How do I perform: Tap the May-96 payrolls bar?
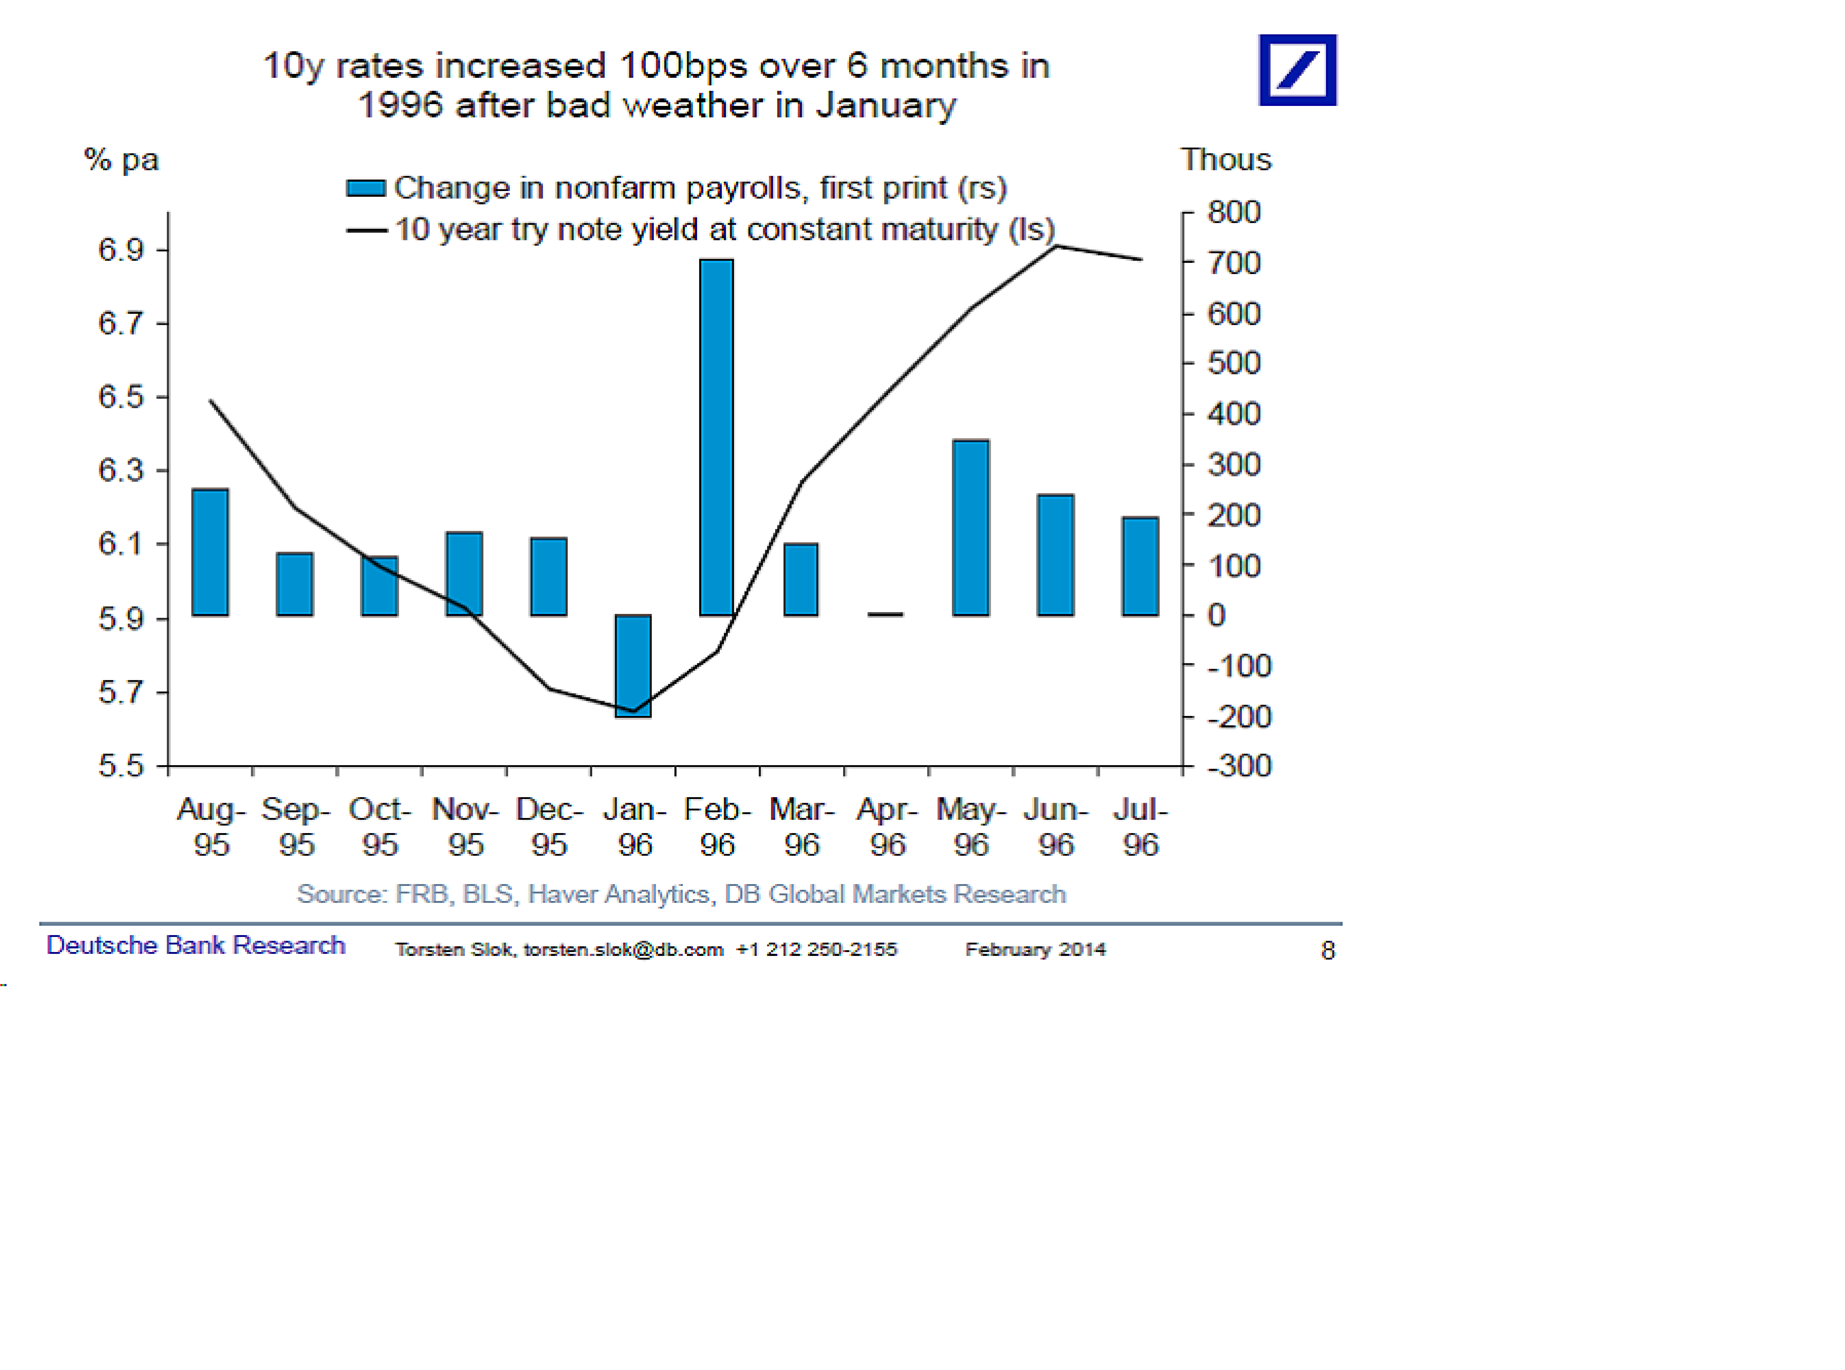pos(970,528)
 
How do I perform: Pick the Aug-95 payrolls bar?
pos(210,552)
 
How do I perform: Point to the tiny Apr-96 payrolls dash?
pos(886,614)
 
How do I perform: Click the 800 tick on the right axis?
pos(1233,212)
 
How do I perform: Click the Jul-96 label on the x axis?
pos(1140,827)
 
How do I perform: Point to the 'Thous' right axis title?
pos(1225,159)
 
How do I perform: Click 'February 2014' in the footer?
pos(1035,949)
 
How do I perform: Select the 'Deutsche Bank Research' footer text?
pos(196,946)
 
